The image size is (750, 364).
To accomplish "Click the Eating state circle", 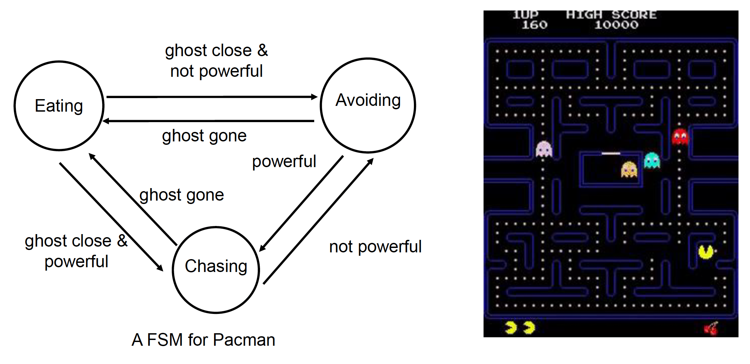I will tap(59, 106).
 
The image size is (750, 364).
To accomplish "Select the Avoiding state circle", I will tap(368, 105).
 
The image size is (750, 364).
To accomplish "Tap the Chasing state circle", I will tap(216, 270).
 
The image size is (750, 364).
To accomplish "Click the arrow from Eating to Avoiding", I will tap(212, 97).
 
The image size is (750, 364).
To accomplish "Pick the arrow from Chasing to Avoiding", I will tap(318, 222).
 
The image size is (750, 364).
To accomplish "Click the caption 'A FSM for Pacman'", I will tap(203, 340).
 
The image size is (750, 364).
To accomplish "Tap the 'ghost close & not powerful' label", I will tap(216, 61).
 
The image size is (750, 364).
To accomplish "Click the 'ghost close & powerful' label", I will tap(76, 251).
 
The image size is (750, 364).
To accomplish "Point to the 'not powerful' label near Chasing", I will tap(375, 247).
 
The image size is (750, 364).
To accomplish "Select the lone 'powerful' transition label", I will tap(284, 161).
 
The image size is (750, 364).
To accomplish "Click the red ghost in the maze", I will tap(680, 137).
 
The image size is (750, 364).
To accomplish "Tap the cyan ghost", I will tap(652, 161).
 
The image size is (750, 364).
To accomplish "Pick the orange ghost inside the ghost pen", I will tap(629, 169).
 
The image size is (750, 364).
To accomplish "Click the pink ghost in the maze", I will tap(544, 149).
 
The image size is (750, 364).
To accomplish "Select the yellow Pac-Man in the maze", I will tap(706, 252).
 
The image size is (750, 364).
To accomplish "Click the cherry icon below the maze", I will tap(711, 328).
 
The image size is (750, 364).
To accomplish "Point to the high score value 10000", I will tap(616, 25).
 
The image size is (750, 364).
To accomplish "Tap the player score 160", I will tap(534, 25).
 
